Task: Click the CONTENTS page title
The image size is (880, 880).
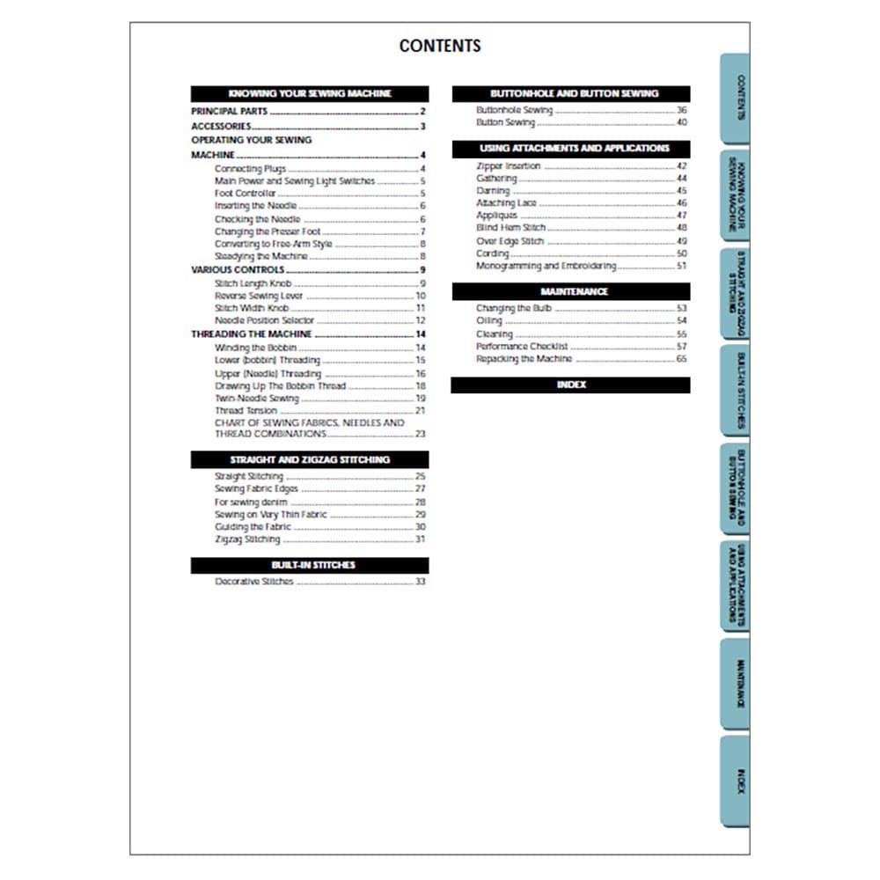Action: tap(440, 46)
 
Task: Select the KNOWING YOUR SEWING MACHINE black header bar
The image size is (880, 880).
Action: tap(310, 93)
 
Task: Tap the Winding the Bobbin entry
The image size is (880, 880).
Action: tap(256, 348)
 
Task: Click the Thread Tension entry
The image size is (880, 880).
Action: tap(246, 411)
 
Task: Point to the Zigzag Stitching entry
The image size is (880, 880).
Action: tap(247, 539)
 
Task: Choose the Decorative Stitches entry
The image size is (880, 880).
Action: tap(254, 582)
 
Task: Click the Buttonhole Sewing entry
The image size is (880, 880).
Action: tap(515, 111)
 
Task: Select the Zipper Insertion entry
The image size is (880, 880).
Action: tap(509, 165)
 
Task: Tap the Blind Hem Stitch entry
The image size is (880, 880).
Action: tap(511, 228)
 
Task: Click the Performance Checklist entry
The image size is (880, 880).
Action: tap(522, 347)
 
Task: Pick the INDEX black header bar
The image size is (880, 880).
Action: tap(570, 385)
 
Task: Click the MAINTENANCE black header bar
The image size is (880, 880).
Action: tap(570, 291)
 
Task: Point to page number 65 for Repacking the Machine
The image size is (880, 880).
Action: tap(681, 359)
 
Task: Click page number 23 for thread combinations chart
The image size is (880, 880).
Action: tap(420, 434)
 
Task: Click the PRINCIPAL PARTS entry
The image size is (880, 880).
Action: tap(230, 112)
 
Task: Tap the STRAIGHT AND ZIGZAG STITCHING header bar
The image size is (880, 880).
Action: tap(310, 459)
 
